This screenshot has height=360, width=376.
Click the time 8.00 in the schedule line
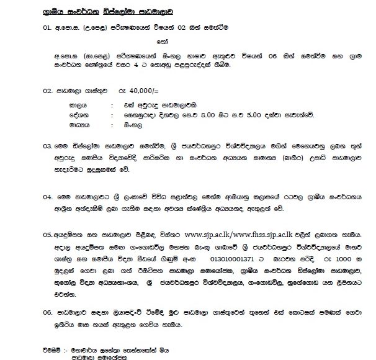click(214, 115)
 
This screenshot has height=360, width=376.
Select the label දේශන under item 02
click(79, 115)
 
